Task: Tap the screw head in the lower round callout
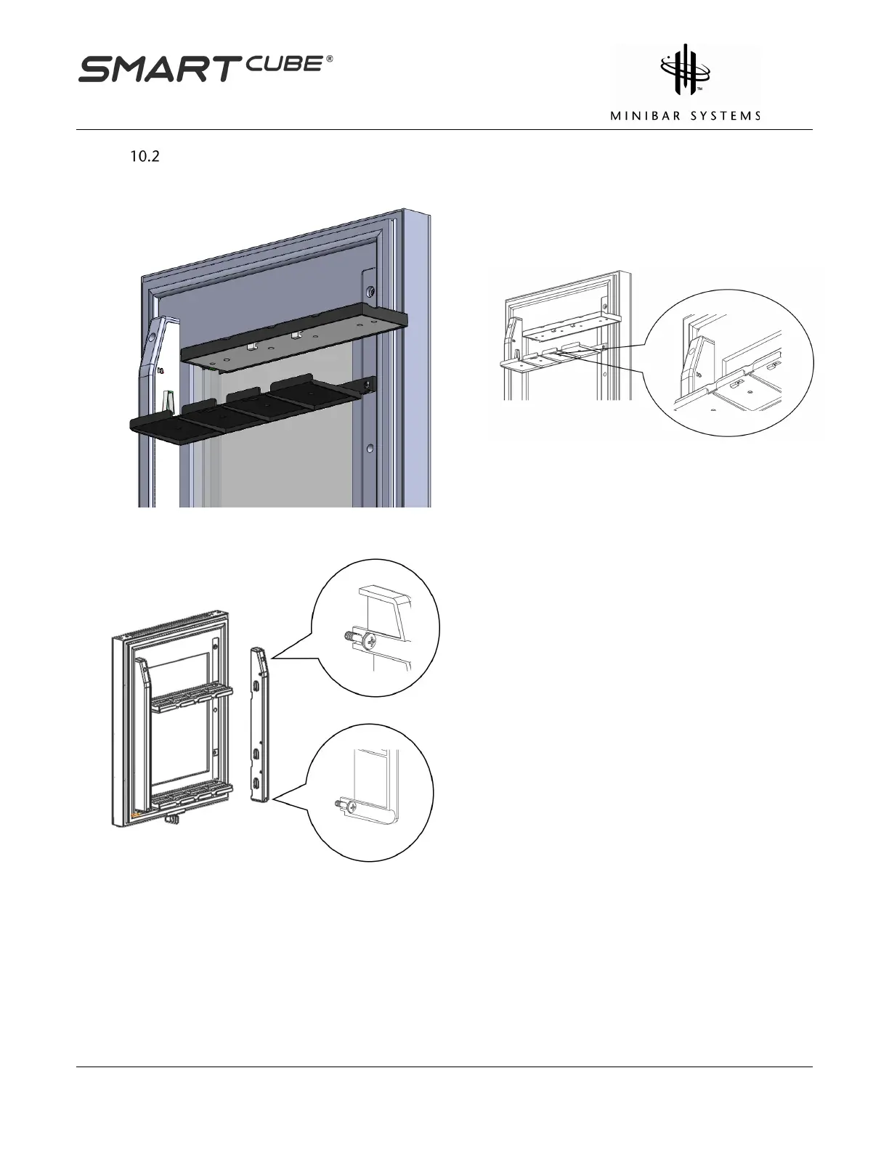pos(352,807)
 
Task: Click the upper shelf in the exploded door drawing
pos(191,696)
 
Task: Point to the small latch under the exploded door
pos(172,820)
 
